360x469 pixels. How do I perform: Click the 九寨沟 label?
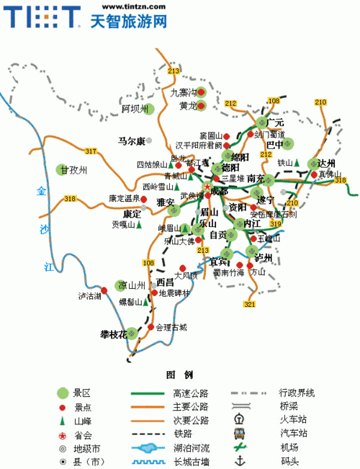point(183,92)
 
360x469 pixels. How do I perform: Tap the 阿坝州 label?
point(134,109)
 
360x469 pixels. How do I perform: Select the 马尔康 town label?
point(131,140)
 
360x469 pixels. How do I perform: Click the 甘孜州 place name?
point(74,170)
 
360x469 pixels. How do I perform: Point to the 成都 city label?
point(219,191)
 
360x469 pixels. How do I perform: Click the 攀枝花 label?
point(113,334)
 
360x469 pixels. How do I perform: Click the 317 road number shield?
point(90,151)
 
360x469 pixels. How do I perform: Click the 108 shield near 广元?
point(274,100)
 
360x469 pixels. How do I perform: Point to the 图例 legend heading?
point(179,375)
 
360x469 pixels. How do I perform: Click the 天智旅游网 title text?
point(130,21)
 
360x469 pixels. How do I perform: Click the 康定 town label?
point(132,213)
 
